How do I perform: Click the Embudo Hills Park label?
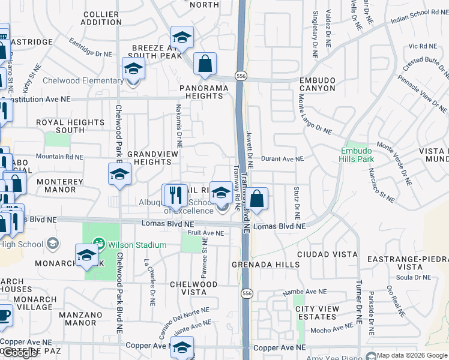pyautogui.click(x=357, y=155)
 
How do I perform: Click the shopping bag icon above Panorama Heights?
pyautogui.click(x=205, y=63)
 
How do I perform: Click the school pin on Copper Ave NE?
pyautogui.click(x=182, y=347)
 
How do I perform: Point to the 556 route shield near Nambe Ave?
pyautogui.click(x=247, y=293)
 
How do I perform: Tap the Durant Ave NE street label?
pyautogui.click(x=283, y=159)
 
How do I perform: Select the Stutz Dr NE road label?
pyautogui.click(x=297, y=202)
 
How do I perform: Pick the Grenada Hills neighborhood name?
pyautogui.click(x=267, y=265)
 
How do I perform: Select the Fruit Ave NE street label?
pyautogui.click(x=205, y=233)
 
